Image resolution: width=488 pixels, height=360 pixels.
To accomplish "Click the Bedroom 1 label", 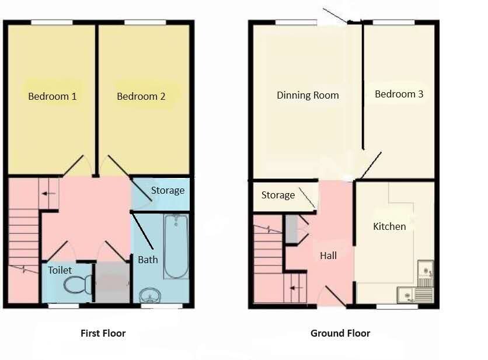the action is pos(53,96).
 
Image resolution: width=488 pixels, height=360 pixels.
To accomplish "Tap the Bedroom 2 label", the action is pos(141,96).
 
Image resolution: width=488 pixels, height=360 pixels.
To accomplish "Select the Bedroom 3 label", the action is pos(399,94).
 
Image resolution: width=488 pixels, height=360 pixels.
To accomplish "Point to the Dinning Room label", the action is pos(308,95).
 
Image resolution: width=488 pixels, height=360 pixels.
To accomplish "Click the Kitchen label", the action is pos(389,226).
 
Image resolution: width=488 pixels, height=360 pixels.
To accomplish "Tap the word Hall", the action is pos(328,256).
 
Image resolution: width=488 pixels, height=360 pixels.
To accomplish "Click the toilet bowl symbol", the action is pos(78,284).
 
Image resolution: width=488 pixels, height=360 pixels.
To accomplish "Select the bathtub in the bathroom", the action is pos(176,246).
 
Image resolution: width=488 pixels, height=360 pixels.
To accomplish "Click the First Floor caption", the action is pos(103,333).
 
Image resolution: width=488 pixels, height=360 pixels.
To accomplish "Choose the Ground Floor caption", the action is pos(340,333).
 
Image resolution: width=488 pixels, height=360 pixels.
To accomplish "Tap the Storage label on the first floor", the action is pos(168,190).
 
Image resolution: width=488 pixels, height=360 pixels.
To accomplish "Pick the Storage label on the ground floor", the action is pos(278,195).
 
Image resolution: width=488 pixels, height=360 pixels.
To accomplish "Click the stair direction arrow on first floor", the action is pos(49,194).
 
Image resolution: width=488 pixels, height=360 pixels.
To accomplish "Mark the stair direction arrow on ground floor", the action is pos(297,288).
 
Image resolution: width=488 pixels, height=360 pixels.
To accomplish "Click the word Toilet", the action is pos(60,270).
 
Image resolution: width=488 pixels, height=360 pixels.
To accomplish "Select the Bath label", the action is pos(148,260).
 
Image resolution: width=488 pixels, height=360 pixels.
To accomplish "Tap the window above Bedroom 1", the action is pos(52,22).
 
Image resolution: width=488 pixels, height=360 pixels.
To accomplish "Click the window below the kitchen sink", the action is pos(397,306).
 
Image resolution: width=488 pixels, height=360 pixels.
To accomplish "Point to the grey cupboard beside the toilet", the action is pos(112,282).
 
